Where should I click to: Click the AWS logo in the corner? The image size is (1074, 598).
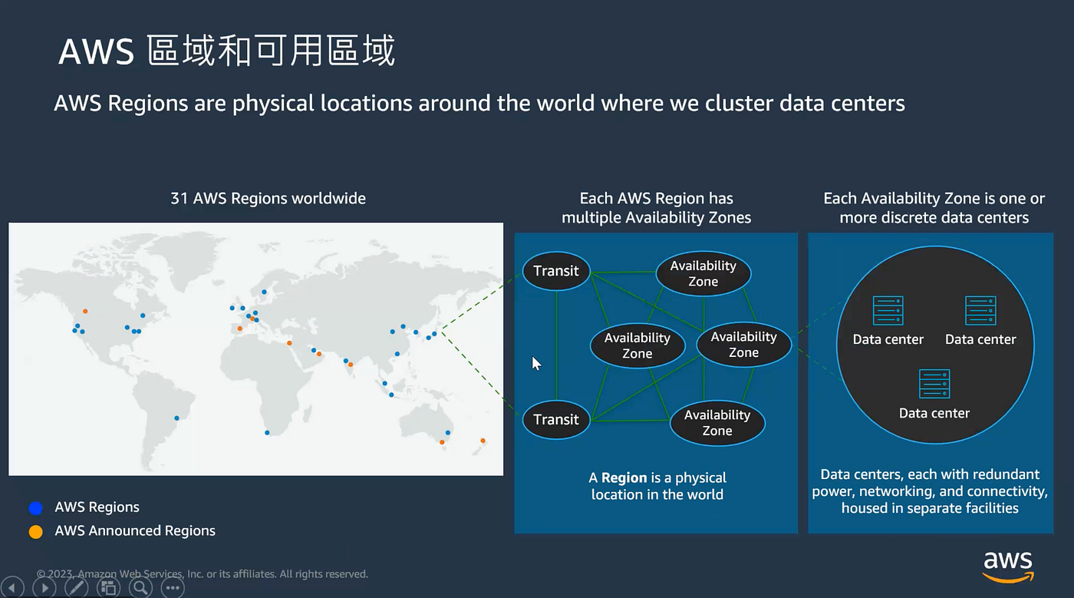1008,567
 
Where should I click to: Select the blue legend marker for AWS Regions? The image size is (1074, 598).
35,507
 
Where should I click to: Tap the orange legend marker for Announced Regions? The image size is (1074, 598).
35,531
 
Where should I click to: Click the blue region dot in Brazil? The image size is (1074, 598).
176,418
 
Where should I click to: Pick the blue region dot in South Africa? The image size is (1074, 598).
267,433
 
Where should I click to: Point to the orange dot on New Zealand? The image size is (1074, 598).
483,441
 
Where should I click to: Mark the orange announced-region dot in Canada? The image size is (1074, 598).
85,311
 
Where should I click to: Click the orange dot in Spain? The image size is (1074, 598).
239,329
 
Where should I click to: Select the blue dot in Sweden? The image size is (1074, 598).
264,292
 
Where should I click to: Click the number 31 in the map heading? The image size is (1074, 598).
179,199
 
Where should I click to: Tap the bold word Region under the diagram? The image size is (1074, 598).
624,477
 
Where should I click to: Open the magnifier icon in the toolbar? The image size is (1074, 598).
140,588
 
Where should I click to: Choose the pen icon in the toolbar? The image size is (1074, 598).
76,588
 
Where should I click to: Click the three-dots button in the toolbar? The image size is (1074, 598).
173,588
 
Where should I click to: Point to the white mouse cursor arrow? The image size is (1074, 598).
536,363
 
